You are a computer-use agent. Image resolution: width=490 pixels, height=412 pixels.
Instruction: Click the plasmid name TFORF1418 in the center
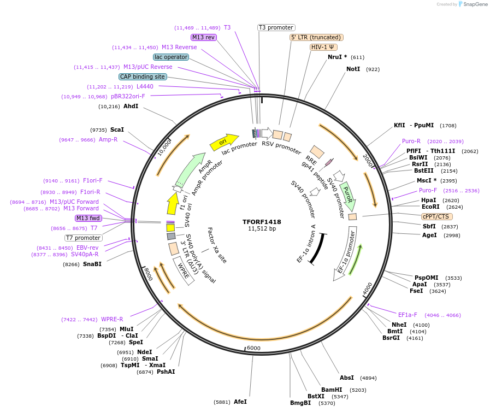(262, 222)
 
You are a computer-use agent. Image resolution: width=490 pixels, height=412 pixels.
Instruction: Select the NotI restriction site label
(353, 69)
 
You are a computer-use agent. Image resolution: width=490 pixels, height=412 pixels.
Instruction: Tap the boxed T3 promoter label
(276, 27)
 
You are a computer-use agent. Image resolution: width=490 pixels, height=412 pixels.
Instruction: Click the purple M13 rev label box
(203, 37)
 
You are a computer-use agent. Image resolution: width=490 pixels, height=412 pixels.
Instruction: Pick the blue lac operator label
(171, 57)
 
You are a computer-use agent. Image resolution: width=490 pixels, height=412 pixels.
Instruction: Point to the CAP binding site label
(143, 77)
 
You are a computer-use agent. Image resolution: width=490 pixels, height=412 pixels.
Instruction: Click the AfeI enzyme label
(240, 402)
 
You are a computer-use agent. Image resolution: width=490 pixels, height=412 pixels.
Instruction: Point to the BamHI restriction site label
(332, 390)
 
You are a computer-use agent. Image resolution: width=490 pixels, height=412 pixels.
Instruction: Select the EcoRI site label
(430, 207)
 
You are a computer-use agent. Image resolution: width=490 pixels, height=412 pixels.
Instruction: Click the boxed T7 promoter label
(84, 238)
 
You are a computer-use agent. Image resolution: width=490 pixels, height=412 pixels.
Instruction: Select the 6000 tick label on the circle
(254, 348)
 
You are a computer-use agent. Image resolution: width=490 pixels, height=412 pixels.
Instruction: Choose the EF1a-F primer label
(408, 315)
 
